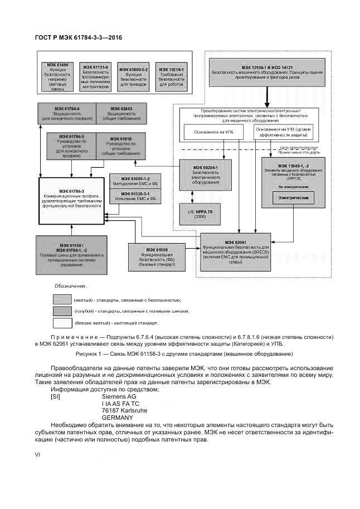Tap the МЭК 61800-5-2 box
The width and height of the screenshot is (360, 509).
pos(134,76)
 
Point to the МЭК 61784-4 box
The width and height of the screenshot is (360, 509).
pos(67,113)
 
